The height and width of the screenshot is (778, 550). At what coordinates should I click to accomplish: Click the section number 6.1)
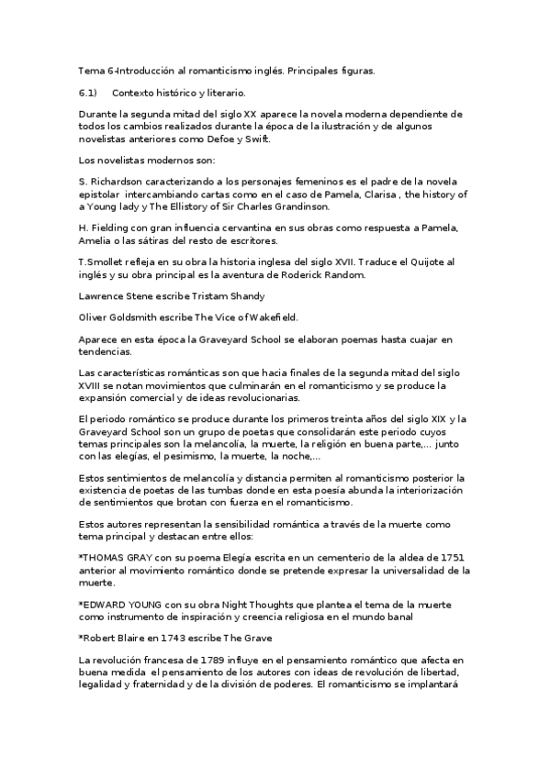pyautogui.click(x=88, y=93)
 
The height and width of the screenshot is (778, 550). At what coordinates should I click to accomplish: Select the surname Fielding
pyautogui.click(x=112, y=228)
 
